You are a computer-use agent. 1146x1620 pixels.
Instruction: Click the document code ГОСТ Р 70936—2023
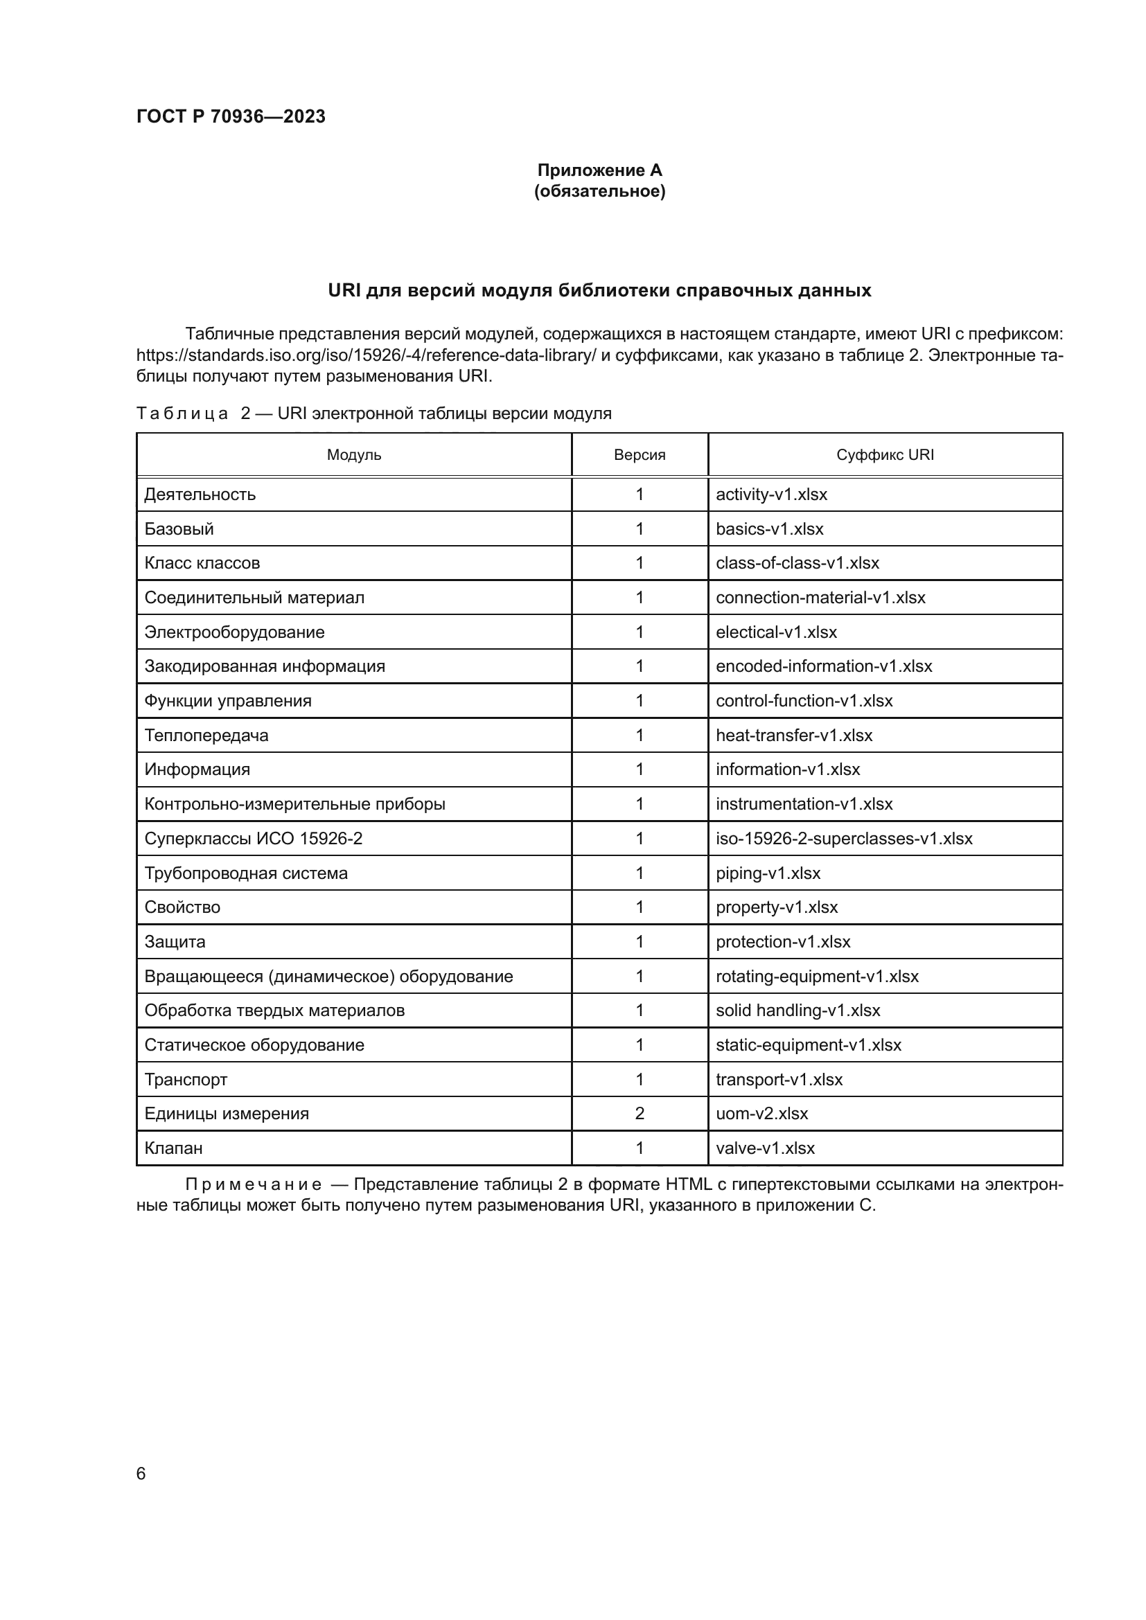pyautogui.click(x=231, y=116)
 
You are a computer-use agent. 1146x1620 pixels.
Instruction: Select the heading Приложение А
pyautogui.click(x=599, y=170)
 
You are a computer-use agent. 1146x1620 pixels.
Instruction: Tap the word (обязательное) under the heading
pyautogui.click(x=599, y=191)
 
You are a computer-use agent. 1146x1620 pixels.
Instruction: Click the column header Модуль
pyautogui.click(x=353, y=455)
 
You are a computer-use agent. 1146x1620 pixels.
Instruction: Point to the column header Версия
pyautogui.click(x=640, y=455)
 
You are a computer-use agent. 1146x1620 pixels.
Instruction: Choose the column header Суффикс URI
pyautogui.click(x=885, y=455)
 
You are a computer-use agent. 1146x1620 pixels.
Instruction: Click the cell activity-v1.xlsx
pyautogui.click(x=771, y=495)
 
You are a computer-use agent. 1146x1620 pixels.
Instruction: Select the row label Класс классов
pyautogui.click(x=202, y=563)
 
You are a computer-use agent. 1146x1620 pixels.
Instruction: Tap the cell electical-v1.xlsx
pyautogui.click(x=776, y=632)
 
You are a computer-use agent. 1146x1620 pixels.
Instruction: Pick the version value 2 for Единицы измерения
pyautogui.click(x=640, y=1114)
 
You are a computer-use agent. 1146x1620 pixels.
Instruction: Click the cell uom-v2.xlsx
pyautogui.click(x=761, y=1114)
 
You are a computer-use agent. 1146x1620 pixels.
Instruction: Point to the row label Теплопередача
pyautogui.click(x=206, y=736)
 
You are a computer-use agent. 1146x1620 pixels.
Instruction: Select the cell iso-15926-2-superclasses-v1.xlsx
pyautogui.click(x=844, y=838)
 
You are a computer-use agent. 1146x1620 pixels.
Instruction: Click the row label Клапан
pyautogui.click(x=174, y=1148)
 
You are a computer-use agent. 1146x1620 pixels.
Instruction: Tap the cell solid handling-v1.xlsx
pyautogui.click(x=798, y=1011)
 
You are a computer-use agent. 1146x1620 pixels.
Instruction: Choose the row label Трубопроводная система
pyautogui.click(x=245, y=873)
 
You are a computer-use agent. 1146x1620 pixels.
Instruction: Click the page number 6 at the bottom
pyautogui.click(x=141, y=1473)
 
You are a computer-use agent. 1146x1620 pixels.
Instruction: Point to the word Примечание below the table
pyautogui.click(x=254, y=1184)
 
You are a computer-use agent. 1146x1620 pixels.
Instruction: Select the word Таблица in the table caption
pyautogui.click(x=182, y=413)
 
